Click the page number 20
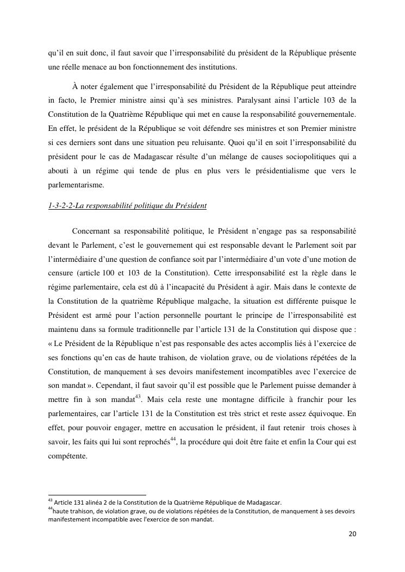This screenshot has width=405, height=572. (x=352, y=533)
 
